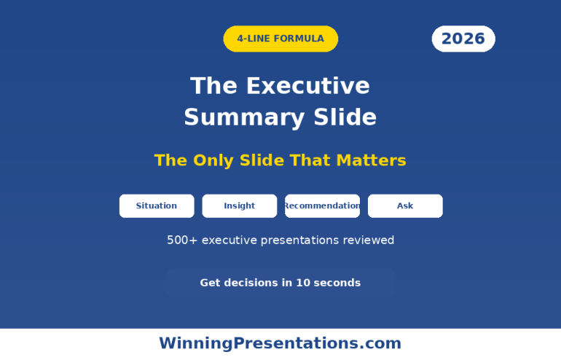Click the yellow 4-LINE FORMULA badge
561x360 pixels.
[x=280, y=39]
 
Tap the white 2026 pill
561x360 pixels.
[x=463, y=39]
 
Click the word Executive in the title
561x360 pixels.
[x=307, y=86]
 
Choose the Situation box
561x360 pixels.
[x=157, y=206]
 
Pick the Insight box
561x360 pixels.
[x=240, y=206]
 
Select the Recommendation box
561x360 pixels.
[x=322, y=206]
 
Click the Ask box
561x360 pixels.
[x=405, y=206]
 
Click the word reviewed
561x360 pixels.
[x=369, y=240]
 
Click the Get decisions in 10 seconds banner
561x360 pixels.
[x=280, y=283]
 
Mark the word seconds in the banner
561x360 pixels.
[x=337, y=283]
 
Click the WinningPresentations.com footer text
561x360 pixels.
[x=280, y=343]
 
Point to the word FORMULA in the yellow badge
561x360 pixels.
[x=299, y=39]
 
